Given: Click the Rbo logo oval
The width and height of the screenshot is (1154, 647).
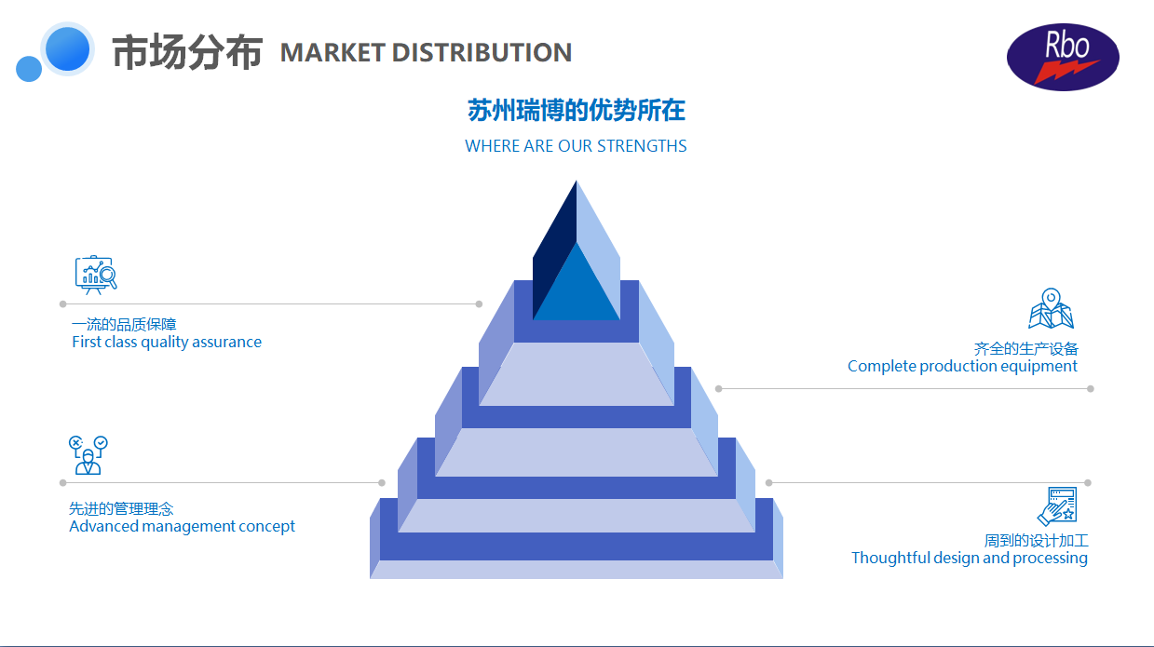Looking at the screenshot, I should point(1063,57).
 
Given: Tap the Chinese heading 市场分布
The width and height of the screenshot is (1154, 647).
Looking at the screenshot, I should point(187,52).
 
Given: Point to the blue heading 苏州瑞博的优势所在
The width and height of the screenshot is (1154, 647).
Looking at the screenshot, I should point(577,111).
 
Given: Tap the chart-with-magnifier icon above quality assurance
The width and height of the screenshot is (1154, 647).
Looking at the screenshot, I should point(96,275).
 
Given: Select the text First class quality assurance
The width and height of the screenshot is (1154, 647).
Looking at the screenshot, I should point(167,342).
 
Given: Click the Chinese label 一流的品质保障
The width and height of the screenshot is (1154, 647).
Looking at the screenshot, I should point(124,324).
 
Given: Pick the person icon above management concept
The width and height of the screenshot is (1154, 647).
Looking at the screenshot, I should point(88,455).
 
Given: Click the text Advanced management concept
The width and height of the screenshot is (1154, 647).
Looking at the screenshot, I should point(182,526).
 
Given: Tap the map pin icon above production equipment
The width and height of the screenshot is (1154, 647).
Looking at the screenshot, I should point(1051,309).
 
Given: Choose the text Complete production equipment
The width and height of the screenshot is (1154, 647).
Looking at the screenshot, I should point(962,366).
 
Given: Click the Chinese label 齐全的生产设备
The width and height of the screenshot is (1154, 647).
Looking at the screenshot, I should point(1025,349).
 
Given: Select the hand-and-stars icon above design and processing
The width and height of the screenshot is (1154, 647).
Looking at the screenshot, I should point(1057,505).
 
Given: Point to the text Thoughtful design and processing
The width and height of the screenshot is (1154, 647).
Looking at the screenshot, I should point(969,558).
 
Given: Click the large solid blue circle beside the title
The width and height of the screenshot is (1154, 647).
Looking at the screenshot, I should point(67,48).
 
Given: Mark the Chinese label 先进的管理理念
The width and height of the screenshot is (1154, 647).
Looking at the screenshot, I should point(121,509).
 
